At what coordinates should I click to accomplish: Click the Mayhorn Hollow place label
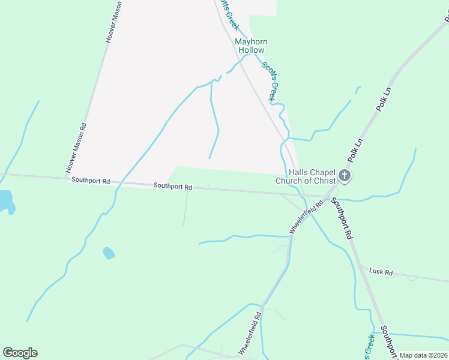(x=251, y=46)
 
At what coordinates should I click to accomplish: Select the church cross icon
(x=345, y=176)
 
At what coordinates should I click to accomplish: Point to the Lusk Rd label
(x=381, y=272)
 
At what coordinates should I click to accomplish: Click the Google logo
(x=20, y=353)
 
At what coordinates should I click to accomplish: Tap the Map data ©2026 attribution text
(x=423, y=355)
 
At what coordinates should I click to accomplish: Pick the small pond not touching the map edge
(x=109, y=253)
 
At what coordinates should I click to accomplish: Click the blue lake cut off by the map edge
(x=5, y=201)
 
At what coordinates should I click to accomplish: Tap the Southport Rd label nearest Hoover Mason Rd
(x=91, y=180)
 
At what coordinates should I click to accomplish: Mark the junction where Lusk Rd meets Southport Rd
(x=360, y=265)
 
